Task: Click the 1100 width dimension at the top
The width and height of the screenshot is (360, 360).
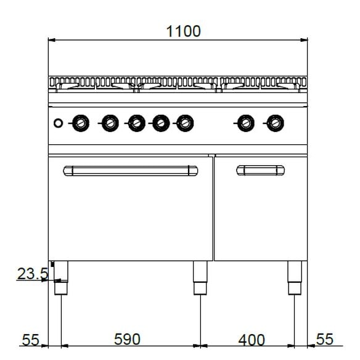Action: (183, 31)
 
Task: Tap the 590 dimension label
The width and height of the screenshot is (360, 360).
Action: (127, 339)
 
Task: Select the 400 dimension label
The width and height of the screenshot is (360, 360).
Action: (252, 340)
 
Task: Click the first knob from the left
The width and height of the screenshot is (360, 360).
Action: (80, 123)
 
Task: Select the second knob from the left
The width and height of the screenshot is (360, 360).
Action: (109, 123)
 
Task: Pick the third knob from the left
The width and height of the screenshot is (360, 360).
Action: (136, 123)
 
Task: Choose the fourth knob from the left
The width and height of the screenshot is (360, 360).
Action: (160, 123)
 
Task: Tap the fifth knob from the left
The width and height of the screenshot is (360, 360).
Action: (184, 123)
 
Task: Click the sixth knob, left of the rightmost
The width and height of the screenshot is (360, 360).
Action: (246, 123)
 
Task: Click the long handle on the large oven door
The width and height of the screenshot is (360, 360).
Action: (131, 170)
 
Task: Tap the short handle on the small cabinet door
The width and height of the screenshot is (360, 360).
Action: (260, 170)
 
